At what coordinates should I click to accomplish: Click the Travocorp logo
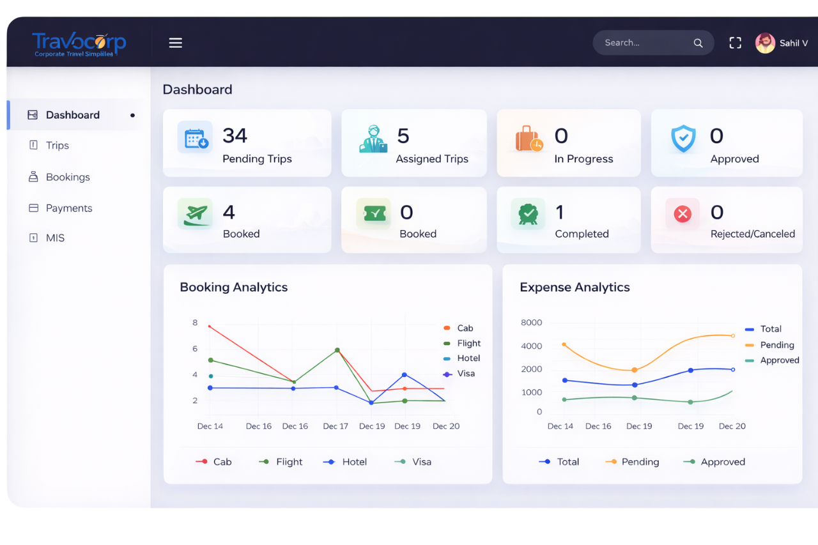(79, 43)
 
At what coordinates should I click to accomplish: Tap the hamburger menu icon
(175, 43)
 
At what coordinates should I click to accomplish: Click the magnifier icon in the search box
(698, 43)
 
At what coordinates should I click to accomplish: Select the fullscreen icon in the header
(735, 43)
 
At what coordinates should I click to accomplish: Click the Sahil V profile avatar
(765, 43)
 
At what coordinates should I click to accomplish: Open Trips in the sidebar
(57, 146)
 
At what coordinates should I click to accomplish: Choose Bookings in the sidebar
(67, 177)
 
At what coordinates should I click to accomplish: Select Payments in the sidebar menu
(68, 208)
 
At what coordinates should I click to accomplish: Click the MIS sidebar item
(55, 238)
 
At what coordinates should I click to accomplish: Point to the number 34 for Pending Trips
(235, 136)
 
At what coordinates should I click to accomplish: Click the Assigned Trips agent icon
(373, 139)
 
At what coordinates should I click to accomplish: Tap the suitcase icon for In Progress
(529, 139)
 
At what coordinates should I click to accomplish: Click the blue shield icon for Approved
(683, 139)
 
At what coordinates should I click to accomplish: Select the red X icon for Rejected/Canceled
(683, 214)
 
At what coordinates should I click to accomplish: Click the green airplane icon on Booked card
(196, 214)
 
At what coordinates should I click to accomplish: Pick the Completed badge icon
(528, 214)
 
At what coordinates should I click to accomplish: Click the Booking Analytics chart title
(233, 288)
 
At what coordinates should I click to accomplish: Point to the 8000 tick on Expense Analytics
(531, 323)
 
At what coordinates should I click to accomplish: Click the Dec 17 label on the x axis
(336, 426)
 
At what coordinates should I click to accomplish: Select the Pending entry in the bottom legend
(640, 462)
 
